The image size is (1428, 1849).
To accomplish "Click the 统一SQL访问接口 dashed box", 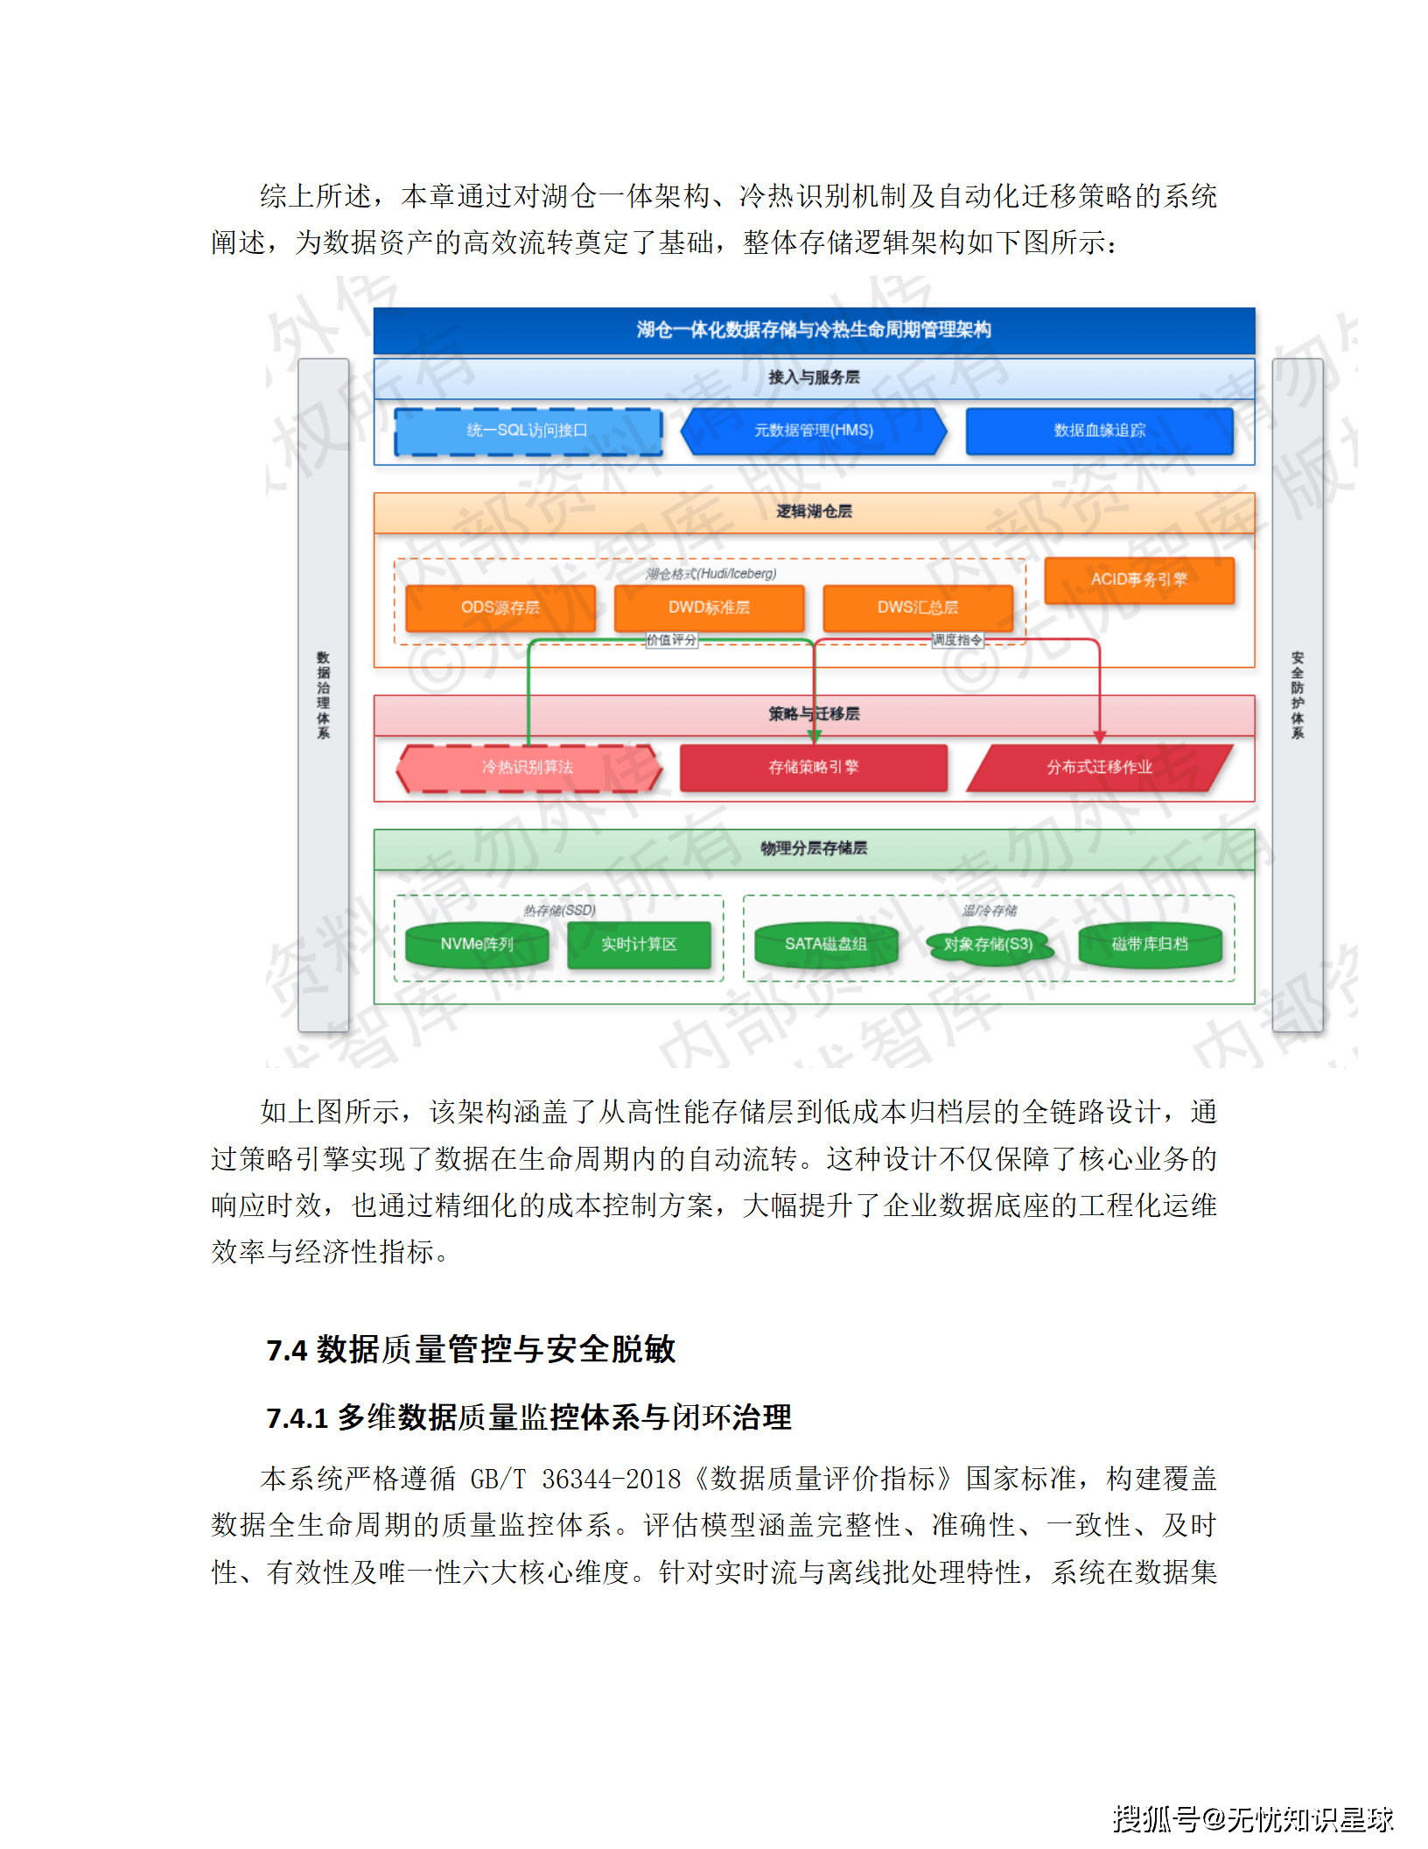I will point(528,431).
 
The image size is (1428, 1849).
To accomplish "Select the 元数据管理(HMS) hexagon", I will point(814,431).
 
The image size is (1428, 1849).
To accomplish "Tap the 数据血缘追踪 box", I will point(1099,431).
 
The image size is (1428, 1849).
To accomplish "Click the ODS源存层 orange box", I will point(500,608).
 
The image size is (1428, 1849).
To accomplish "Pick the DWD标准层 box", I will point(709,608).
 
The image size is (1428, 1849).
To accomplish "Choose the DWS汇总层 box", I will point(918,608).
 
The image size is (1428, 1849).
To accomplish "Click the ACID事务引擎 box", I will point(1139,580).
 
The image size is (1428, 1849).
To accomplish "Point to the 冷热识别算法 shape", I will point(528,768).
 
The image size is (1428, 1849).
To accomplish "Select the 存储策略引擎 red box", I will point(814,768).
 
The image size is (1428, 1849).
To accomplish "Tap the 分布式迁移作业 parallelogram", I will point(1099,768).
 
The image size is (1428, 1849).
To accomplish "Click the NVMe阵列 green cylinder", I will point(477,945).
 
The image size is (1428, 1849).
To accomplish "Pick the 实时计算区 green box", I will point(639,945).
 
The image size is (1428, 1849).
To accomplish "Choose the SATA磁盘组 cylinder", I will point(826,945).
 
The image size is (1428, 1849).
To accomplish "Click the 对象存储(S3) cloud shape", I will point(989,945).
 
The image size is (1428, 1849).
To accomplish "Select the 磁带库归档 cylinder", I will point(1150,945).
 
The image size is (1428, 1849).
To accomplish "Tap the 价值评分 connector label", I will point(672,640).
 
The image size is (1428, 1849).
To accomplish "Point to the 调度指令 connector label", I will point(957,640).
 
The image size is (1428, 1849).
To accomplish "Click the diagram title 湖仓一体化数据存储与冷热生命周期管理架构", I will point(814,330).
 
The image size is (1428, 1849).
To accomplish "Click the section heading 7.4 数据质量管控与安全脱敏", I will point(471,1349).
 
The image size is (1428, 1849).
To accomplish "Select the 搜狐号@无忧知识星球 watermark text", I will point(1252,1817).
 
